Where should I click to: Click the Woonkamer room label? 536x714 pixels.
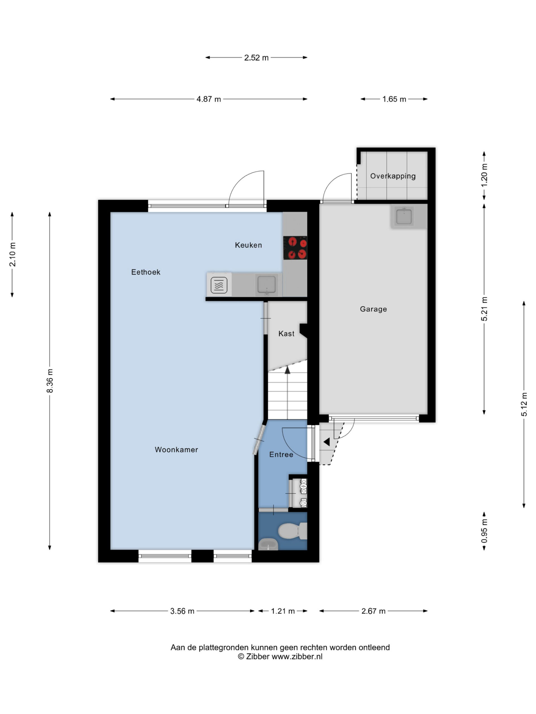(x=176, y=449)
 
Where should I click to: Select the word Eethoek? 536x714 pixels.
(x=146, y=272)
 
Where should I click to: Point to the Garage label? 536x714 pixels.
(x=373, y=309)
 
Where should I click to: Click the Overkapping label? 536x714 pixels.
(x=393, y=176)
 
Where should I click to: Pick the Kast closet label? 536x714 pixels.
(x=286, y=334)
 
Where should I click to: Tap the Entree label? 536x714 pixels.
(x=281, y=455)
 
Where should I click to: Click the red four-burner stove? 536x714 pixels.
(x=295, y=248)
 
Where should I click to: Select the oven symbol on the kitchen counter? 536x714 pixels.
(x=219, y=285)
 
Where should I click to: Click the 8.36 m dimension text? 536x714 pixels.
(x=50, y=381)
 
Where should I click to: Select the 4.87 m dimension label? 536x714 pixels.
(x=209, y=99)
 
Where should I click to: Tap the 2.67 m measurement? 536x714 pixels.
(x=373, y=611)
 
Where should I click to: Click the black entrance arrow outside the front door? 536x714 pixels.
(x=326, y=442)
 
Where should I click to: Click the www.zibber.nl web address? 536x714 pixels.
(x=297, y=656)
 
